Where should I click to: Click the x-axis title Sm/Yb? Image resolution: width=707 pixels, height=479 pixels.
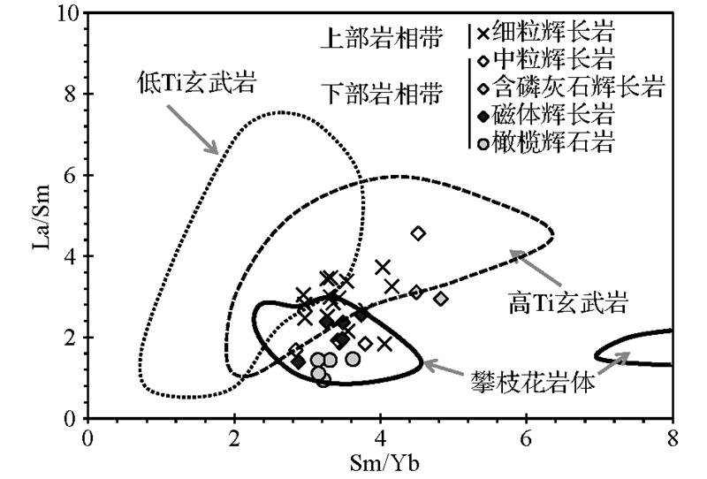(379, 463)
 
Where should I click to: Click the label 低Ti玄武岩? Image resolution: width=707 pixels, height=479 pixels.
(196, 82)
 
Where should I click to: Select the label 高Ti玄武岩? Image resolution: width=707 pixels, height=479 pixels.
(568, 304)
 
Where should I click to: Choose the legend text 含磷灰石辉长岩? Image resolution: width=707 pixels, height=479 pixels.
(579, 87)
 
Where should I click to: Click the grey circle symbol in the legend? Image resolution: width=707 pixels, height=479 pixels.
(481, 141)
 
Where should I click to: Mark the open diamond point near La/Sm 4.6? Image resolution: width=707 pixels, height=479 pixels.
(419, 233)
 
